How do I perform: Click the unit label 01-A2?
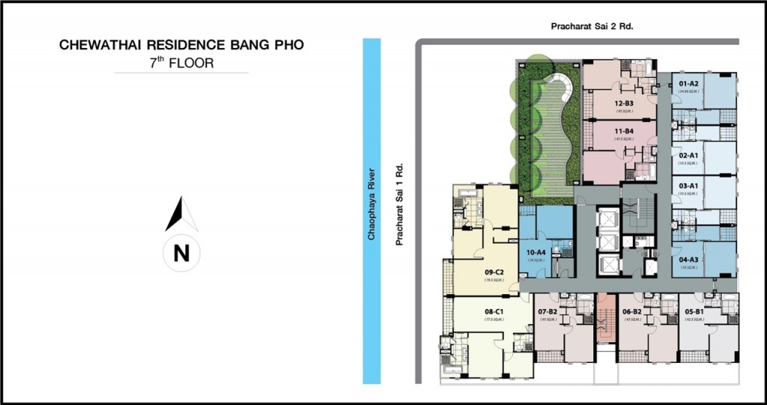(x=688, y=83)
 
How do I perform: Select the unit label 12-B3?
(x=624, y=103)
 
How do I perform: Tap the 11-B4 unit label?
(x=624, y=131)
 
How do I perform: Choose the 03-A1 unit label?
(x=688, y=186)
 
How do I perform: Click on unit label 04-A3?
(x=688, y=259)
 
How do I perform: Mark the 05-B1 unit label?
(x=694, y=311)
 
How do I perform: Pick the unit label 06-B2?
(x=631, y=311)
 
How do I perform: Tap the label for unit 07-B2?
(x=548, y=311)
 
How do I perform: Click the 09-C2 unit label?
(x=493, y=272)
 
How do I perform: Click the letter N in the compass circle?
(x=181, y=253)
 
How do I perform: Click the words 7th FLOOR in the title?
(x=181, y=63)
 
